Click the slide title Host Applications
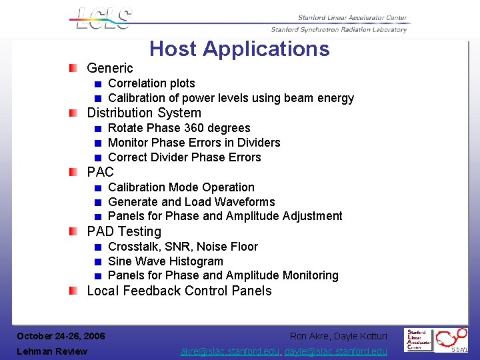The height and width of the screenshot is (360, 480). pos(239,49)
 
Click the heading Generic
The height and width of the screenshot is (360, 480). pos(110,68)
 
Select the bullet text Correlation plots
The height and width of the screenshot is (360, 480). pos(151,83)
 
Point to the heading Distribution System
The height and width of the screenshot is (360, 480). pos(144,113)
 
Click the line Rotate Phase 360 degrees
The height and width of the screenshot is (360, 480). pos(179,128)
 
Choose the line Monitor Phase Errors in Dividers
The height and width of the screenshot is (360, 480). pos(194,143)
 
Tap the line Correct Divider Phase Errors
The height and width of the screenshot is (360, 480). pos(184,157)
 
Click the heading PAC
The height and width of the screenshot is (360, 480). pos(101,172)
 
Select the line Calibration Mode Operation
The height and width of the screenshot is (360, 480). pos(181,187)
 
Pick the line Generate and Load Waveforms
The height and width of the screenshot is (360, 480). pos(191,202)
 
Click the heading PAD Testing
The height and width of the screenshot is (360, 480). pos(124,231)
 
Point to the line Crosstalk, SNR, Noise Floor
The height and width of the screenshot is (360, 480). pos(183,247)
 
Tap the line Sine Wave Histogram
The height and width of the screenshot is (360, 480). pos(165,261)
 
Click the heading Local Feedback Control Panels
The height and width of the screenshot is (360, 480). pos(179,291)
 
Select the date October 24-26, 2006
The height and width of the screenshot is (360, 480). pos(61,336)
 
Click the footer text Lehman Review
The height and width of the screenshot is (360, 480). pos(52,351)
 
